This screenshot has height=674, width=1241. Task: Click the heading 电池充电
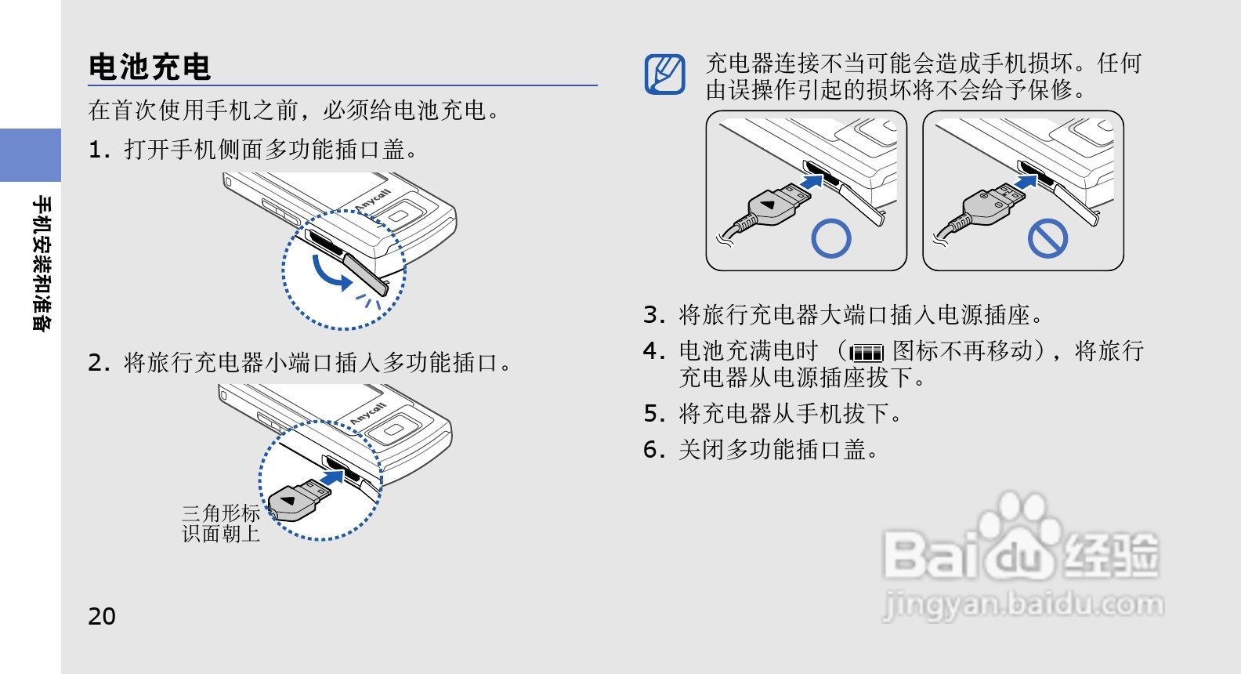[149, 67]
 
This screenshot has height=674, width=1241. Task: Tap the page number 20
[102, 616]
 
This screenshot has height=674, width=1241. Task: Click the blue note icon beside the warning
[665, 74]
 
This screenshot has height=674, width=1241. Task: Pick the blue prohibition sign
[1047, 239]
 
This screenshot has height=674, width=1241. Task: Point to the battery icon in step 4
[867, 353]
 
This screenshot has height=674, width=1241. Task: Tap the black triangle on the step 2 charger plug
[288, 501]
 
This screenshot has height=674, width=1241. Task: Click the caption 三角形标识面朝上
[221, 524]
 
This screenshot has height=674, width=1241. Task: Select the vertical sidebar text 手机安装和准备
[42, 263]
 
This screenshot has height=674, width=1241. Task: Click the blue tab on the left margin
[31, 155]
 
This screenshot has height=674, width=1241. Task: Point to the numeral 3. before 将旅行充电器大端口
[653, 315]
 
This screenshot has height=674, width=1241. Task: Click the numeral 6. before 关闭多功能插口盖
[653, 450]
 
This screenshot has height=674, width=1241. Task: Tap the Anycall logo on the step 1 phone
[372, 200]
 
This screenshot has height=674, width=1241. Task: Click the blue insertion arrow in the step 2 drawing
[332, 478]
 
